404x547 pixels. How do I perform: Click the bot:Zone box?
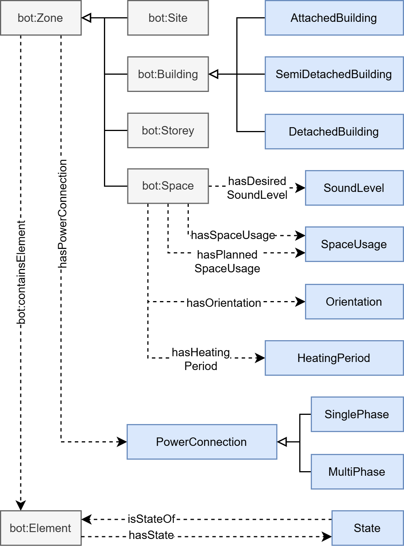click(41, 18)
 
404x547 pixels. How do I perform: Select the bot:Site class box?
click(168, 18)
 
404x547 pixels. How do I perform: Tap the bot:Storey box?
click(168, 131)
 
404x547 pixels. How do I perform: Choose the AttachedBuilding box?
click(334, 18)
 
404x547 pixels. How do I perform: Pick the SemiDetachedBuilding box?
click(334, 74)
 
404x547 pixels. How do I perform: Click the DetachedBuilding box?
click(334, 132)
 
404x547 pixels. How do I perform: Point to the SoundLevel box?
click(354, 188)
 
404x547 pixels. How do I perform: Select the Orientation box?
click(354, 302)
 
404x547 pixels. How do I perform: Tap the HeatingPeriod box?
click(334, 358)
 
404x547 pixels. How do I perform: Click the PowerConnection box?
click(202, 442)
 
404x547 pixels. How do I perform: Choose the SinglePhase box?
click(357, 414)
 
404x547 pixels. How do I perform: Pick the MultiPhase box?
click(357, 472)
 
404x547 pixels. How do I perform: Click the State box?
click(367, 528)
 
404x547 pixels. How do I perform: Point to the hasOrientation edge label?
click(224, 303)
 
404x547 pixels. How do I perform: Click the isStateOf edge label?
click(151, 519)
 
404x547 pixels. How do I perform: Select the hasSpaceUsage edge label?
click(233, 235)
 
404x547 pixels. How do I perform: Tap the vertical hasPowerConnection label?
click(63, 214)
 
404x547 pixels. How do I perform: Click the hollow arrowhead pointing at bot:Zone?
click(87, 18)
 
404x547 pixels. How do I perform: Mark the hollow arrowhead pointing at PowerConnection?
click(282, 442)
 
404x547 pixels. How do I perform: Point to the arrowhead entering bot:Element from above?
click(21, 505)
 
